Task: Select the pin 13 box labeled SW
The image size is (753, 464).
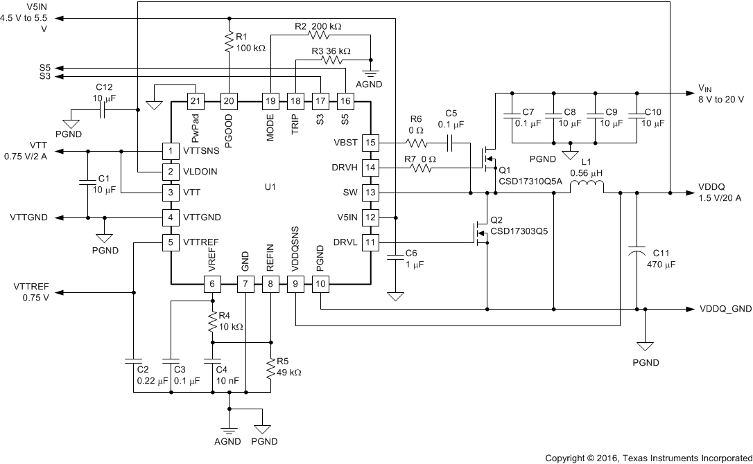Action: (370, 193)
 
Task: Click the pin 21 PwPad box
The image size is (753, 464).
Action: (196, 100)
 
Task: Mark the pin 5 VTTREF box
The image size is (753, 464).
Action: (171, 242)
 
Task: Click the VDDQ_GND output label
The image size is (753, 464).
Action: (725, 309)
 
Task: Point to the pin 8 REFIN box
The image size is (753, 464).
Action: (270, 283)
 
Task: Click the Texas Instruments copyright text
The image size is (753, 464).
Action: (648, 458)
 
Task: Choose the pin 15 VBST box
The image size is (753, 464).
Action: (370, 143)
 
